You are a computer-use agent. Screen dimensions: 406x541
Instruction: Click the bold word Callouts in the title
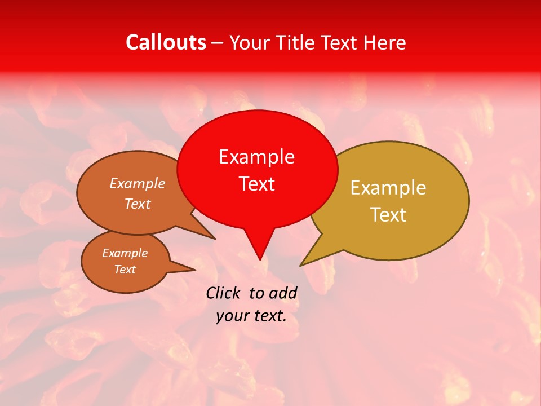point(166,42)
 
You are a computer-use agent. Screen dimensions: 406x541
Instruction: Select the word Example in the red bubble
point(256,157)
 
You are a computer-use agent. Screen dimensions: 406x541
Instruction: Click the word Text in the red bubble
point(257,184)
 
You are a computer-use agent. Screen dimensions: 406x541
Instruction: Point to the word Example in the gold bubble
point(388,188)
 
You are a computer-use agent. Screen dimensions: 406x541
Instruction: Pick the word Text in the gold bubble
point(389,215)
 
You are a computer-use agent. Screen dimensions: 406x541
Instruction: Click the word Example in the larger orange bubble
point(138,184)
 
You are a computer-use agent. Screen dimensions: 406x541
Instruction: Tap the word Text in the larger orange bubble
point(138,204)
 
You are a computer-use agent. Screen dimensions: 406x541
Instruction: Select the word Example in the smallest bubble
point(125,253)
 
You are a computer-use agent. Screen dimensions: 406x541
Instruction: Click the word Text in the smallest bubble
point(125,270)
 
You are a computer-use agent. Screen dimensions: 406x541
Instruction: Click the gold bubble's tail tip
point(301,265)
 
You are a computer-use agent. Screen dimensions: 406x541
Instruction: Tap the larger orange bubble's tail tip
point(214,239)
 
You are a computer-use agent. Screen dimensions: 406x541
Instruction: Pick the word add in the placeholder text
point(283,293)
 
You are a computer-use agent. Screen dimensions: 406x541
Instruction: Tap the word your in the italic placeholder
point(232,316)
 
